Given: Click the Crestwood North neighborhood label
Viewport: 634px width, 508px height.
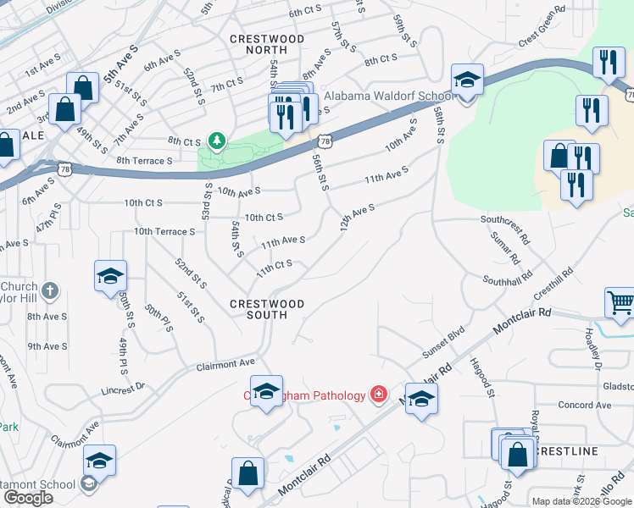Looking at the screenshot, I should tap(267, 46).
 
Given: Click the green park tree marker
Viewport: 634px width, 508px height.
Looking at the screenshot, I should tap(218, 140).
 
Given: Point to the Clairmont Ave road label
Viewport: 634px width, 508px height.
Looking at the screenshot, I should tap(226, 362).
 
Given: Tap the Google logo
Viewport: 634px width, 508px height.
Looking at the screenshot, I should tap(28, 498).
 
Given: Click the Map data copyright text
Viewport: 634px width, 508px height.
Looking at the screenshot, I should tap(582, 501).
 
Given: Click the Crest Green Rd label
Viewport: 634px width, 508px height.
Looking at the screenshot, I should tap(542, 26).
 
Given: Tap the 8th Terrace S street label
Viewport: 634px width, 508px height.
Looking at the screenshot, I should tap(145, 160).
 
